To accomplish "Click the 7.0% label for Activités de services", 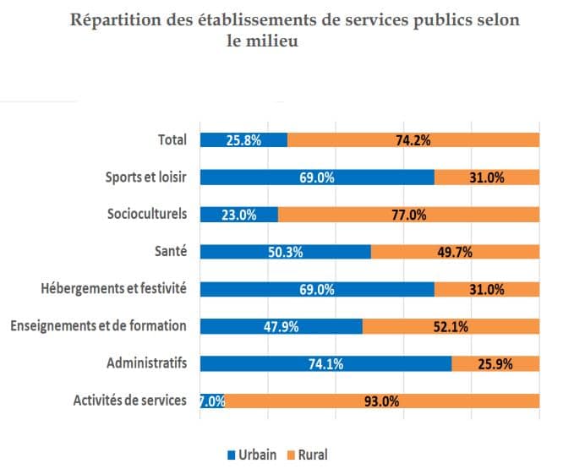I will point(212,401).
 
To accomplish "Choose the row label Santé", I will point(169,252).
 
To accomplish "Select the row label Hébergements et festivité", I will point(113,289).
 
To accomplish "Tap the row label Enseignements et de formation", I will point(97,326).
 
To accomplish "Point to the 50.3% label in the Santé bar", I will point(286,252).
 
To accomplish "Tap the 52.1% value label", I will point(451,327).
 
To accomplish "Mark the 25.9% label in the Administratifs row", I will point(495,364).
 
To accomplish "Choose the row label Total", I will point(172,140).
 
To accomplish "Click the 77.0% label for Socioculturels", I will point(408,215).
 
